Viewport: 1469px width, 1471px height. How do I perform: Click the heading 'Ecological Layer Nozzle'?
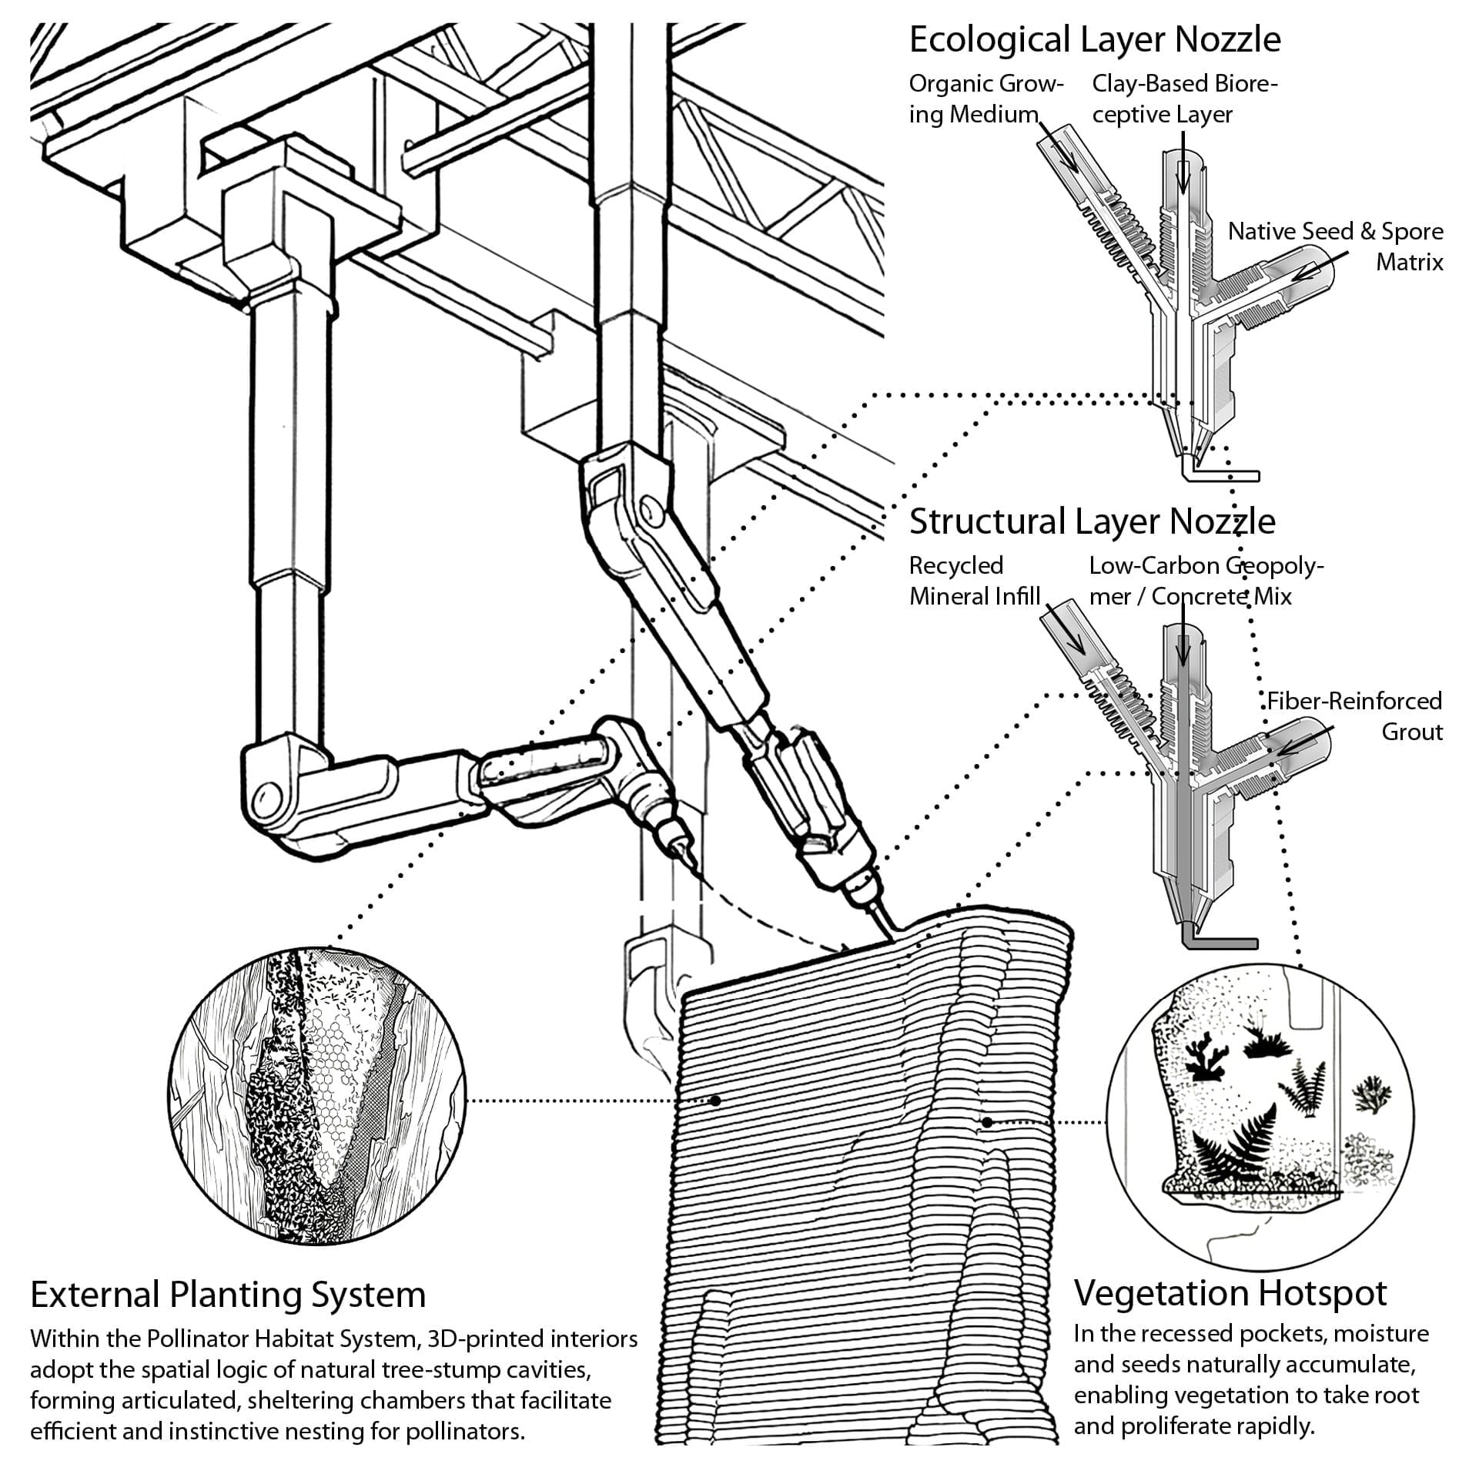coord(1094,40)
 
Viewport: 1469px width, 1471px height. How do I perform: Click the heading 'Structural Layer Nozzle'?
coord(1092,521)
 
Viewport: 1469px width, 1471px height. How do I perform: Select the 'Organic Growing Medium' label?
coord(985,99)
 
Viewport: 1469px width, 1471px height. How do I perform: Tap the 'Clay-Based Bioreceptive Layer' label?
coord(1184,99)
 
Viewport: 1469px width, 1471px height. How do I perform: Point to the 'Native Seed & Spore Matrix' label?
coord(1335,246)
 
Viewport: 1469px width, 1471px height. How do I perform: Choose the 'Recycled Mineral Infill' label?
coord(974,581)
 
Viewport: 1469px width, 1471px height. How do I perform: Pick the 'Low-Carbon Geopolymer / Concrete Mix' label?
coord(1205,581)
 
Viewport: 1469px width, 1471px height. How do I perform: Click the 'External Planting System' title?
coord(228,1295)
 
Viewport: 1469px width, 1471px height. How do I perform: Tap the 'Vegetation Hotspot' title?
coord(1230,1293)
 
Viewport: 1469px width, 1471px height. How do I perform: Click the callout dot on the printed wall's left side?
coord(715,1101)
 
